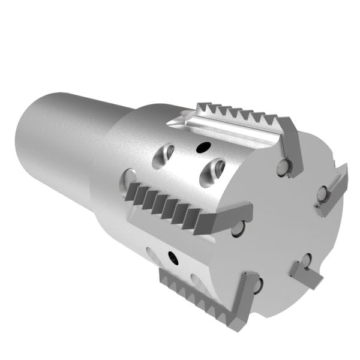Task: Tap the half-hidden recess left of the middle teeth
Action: click(128, 178)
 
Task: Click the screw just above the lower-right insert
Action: click(306, 260)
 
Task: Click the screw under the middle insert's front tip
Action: click(238, 228)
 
